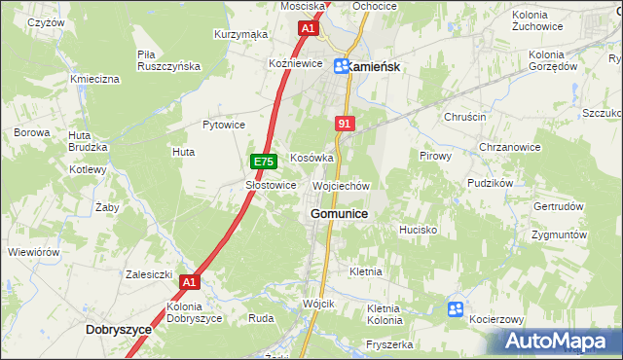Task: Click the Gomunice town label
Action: pyautogui.click(x=339, y=213)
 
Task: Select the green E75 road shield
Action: pyautogui.click(x=262, y=162)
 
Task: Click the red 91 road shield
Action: pyautogui.click(x=345, y=124)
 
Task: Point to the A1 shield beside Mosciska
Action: pyautogui.click(x=308, y=29)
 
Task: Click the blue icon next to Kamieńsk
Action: pyautogui.click(x=343, y=66)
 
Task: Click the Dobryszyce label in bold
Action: pyautogui.click(x=119, y=330)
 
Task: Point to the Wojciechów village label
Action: pyautogui.click(x=341, y=185)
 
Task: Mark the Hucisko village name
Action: pyautogui.click(x=418, y=230)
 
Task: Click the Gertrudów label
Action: pyautogui.click(x=559, y=206)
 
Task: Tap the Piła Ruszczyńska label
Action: pyautogui.click(x=168, y=60)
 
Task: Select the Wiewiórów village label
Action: pyautogui.click(x=34, y=252)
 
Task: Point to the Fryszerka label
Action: pyautogui.click(x=390, y=344)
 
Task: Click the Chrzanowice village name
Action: pyautogui.click(x=509, y=147)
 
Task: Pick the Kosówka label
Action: pyautogui.click(x=312, y=158)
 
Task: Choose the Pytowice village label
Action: pyautogui.click(x=223, y=125)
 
